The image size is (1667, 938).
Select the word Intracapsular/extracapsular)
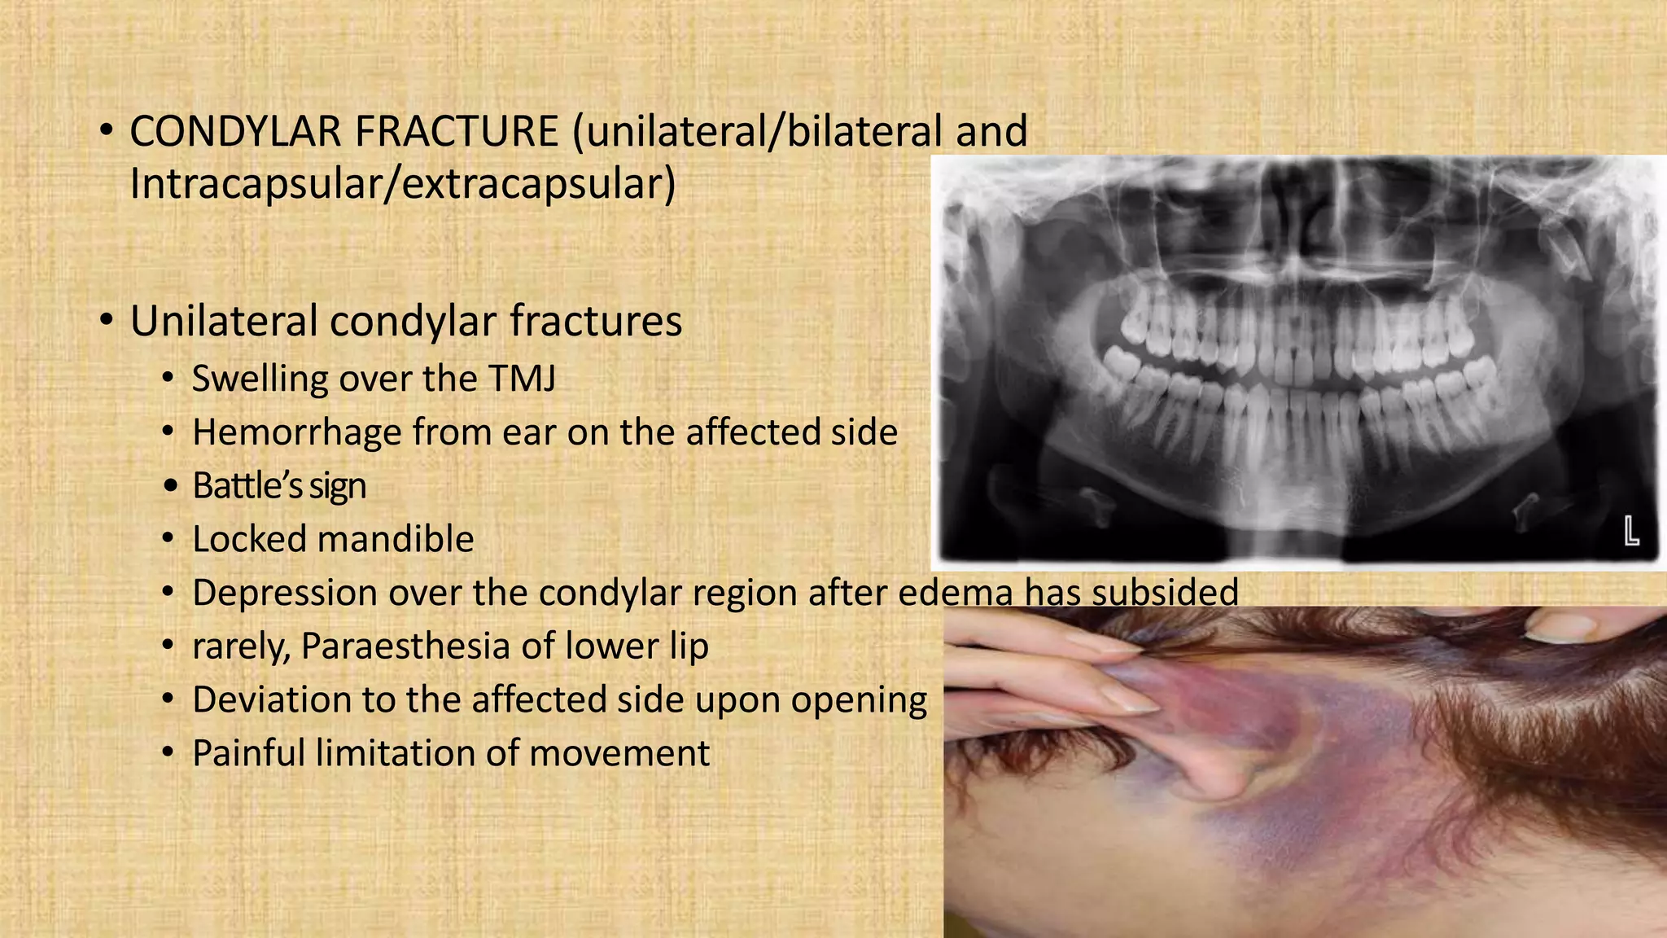[x=403, y=184]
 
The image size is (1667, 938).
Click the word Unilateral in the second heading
[x=223, y=322]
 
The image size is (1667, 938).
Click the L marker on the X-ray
[x=1631, y=531]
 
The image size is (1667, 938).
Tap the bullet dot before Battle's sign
[x=169, y=487]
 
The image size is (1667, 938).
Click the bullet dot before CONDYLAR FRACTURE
[x=107, y=133]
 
